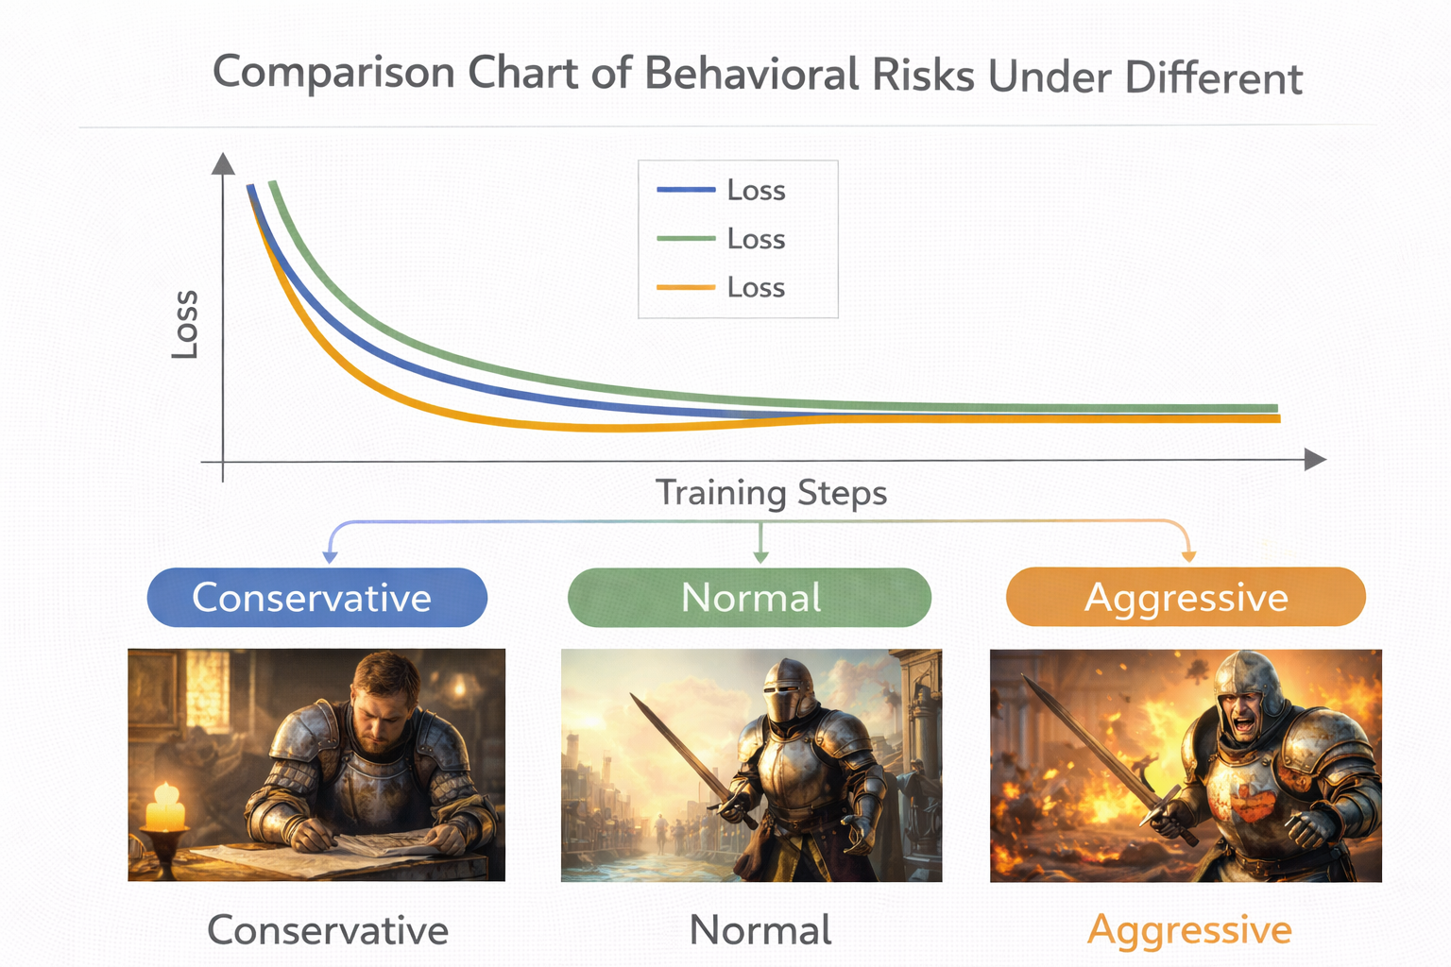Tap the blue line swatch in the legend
point(686,190)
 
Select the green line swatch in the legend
point(686,238)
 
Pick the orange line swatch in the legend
point(686,287)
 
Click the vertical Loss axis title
point(184,324)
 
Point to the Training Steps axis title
point(771,493)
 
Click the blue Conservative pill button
point(317,597)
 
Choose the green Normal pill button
point(749,597)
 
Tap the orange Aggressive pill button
point(1186,597)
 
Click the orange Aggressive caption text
point(1189,931)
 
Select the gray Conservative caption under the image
point(328,931)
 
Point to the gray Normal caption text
point(760,931)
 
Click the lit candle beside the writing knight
point(165,806)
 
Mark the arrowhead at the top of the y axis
point(223,163)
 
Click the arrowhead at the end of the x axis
point(1315,460)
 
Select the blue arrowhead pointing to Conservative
point(330,556)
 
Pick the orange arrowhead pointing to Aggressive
point(1188,555)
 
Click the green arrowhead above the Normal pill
point(761,556)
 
